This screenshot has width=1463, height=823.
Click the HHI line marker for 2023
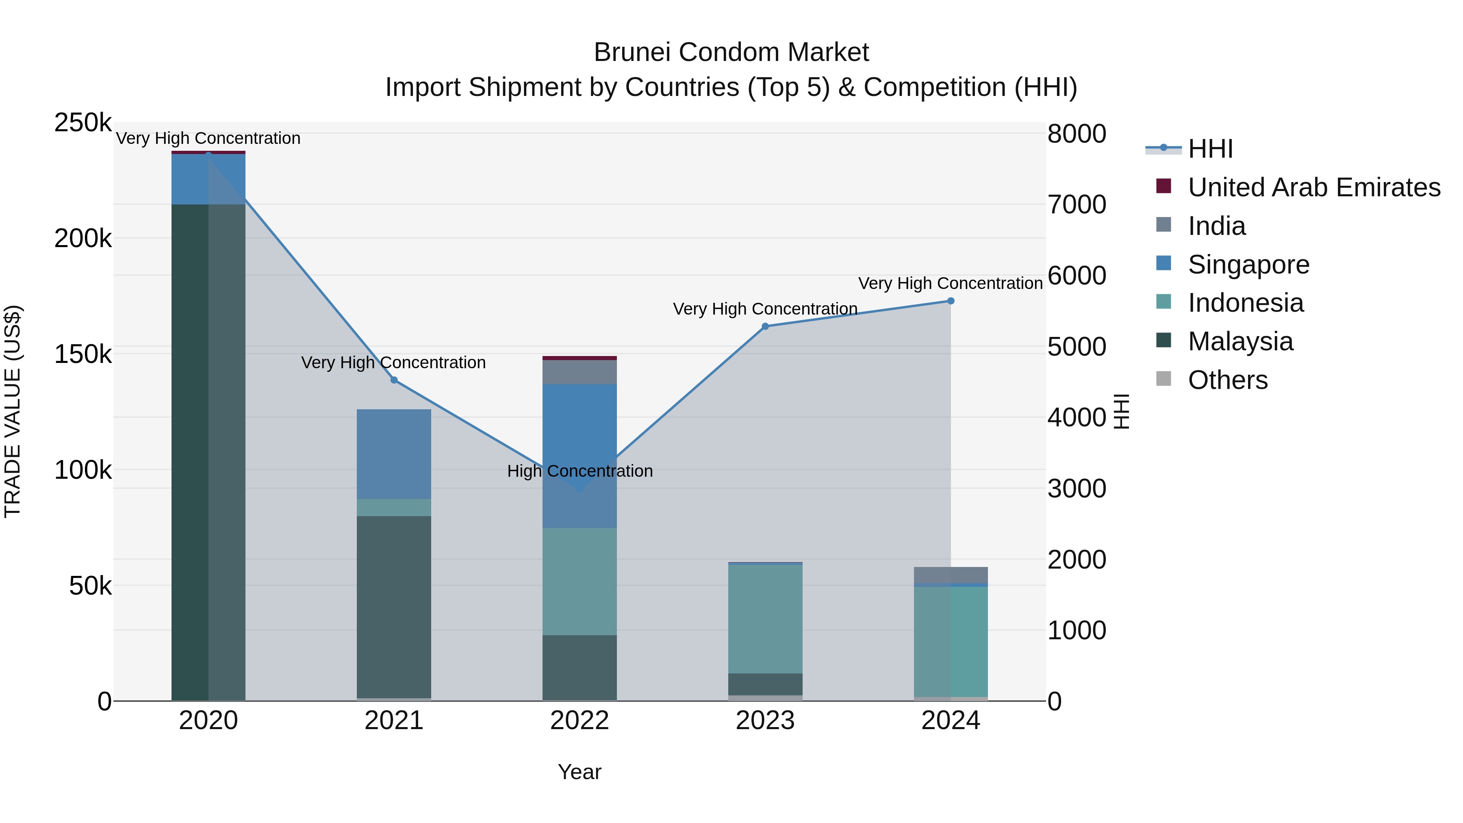(x=765, y=327)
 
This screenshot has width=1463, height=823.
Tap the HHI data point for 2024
(x=951, y=301)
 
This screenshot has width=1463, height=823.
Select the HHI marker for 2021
(x=394, y=380)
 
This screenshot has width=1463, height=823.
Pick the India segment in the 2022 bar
(x=579, y=372)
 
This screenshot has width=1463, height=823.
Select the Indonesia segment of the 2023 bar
(x=765, y=619)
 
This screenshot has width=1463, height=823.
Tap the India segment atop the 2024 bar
(x=951, y=575)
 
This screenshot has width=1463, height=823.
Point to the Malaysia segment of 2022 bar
(x=579, y=667)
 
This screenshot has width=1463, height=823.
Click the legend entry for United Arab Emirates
(x=1313, y=187)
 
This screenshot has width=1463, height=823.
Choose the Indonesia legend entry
(x=1246, y=303)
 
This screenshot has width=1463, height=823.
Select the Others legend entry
(x=1227, y=380)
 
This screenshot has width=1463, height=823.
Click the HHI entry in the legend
(x=1210, y=149)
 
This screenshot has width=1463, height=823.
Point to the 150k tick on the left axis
(x=83, y=354)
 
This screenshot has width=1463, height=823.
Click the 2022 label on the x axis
(x=579, y=721)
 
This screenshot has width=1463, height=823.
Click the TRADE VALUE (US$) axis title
(x=13, y=411)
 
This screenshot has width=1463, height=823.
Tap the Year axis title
(x=579, y=772)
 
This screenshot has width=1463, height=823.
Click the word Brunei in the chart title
(x=632, y=52)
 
